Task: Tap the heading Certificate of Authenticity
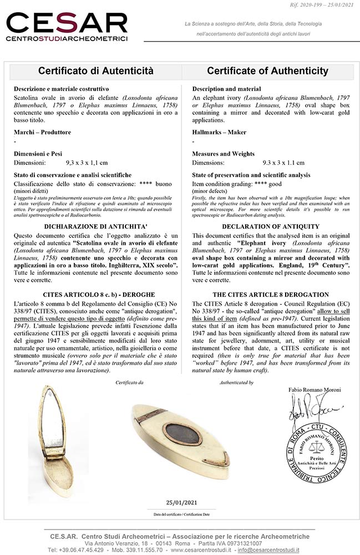(x=267, y=71)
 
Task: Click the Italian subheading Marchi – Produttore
(x=43, y=132)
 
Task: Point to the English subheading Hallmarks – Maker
(x=219, y=132)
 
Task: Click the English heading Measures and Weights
(x=224, y=154)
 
